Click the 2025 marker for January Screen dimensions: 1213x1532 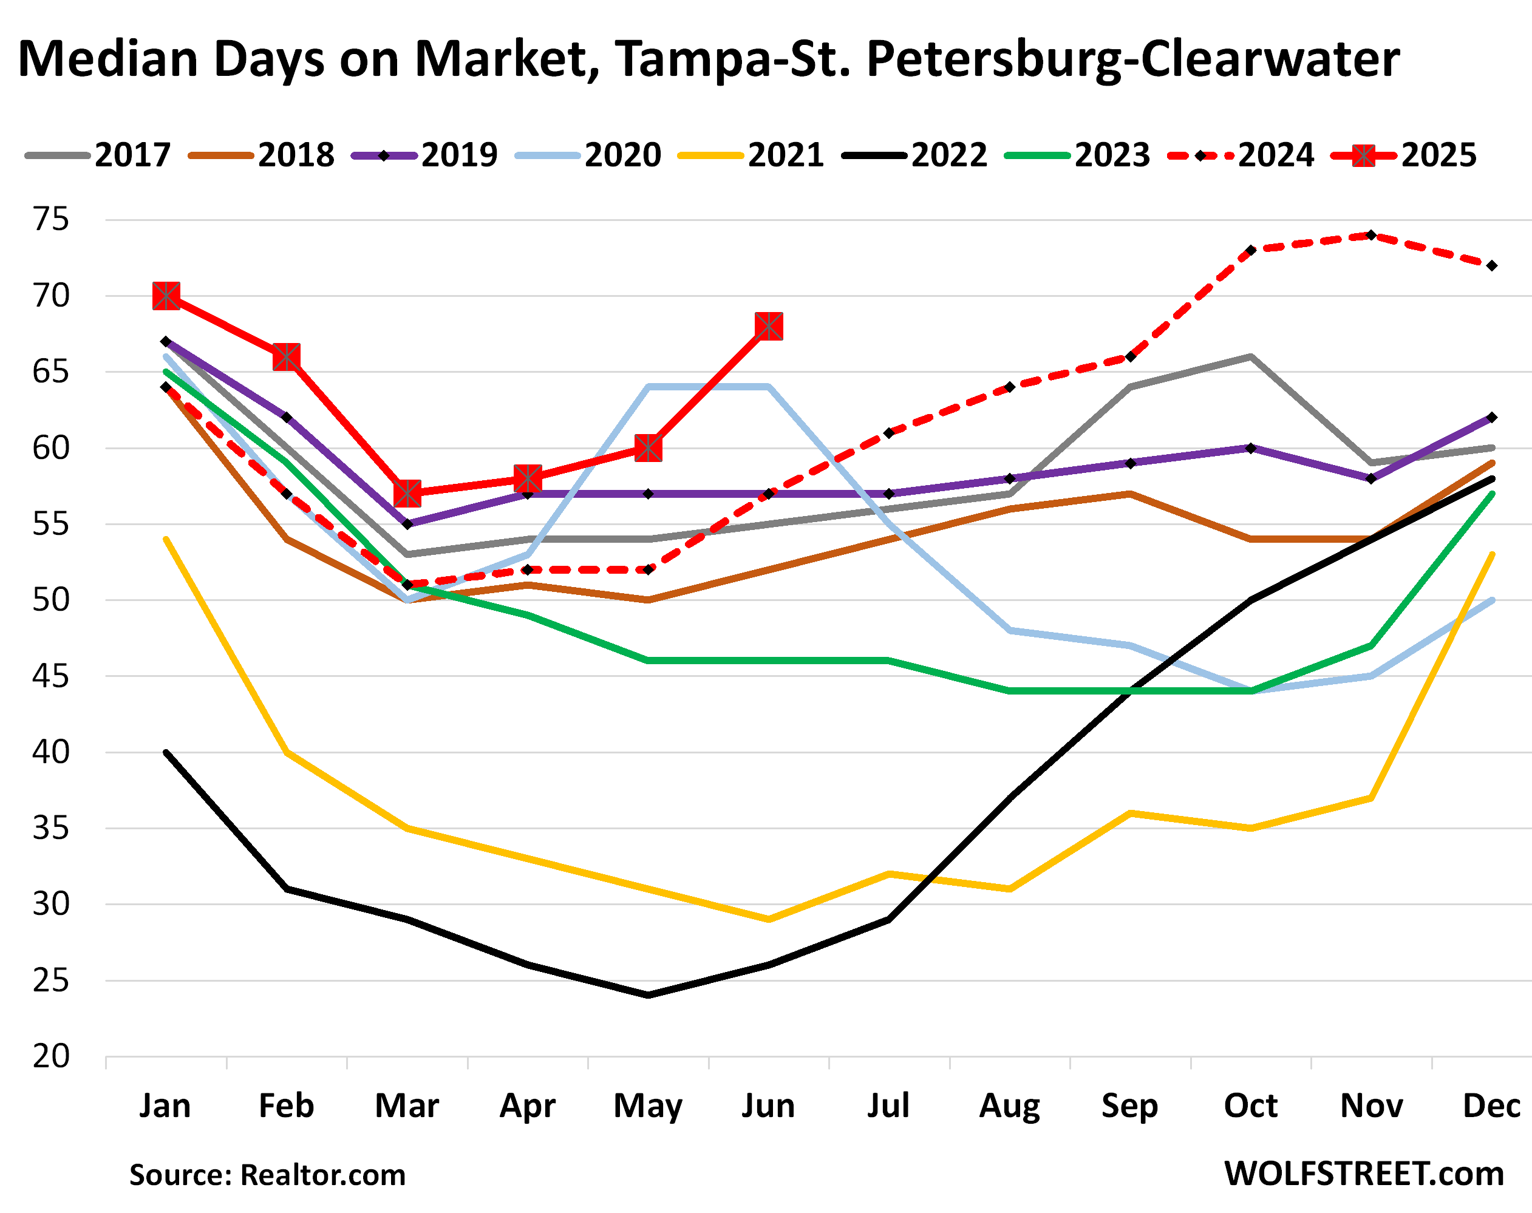point(166,296)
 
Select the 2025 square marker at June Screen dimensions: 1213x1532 point(769,326)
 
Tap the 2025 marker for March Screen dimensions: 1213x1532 point(407,493)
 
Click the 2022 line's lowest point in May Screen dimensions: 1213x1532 point(648,995)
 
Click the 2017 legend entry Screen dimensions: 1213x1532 point(98,155)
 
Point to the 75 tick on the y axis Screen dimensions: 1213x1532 point(51,219)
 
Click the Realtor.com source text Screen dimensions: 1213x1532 point(322,1175)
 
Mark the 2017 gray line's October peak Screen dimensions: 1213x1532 point(1251,356)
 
